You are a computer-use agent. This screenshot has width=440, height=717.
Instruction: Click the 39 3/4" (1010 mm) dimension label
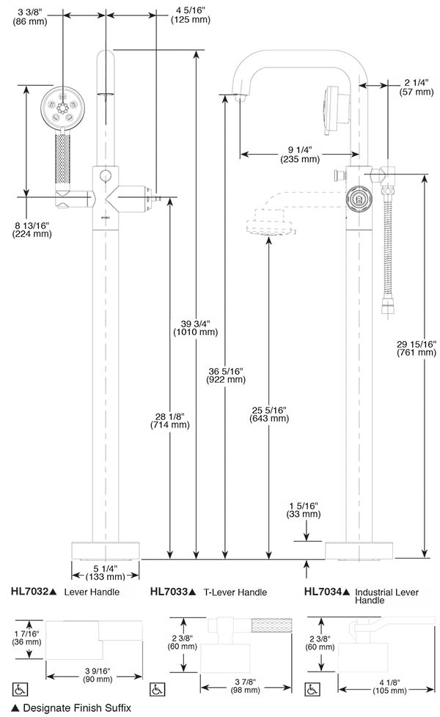195,328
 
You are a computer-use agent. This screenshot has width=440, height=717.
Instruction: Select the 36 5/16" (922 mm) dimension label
227,375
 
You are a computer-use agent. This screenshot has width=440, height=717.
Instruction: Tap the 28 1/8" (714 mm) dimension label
169,420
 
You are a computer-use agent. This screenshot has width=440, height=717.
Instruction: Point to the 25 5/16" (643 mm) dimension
269,413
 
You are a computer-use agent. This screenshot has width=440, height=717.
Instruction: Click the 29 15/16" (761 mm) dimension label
417,348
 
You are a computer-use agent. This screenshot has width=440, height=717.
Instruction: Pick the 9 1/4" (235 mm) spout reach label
300,154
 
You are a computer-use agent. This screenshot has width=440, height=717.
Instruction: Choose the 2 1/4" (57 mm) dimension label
417,87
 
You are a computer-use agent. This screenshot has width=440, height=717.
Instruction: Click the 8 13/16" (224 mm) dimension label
32,229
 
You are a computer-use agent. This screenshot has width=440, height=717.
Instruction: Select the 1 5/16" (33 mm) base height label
304,510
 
